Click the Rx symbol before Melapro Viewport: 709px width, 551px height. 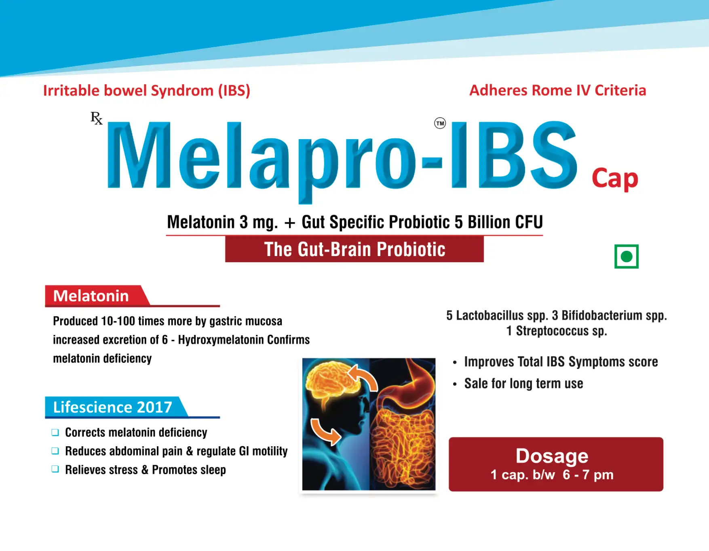96,118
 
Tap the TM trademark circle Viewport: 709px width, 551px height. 440,123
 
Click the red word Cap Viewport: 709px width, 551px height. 614,178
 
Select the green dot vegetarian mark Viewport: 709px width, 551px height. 626,256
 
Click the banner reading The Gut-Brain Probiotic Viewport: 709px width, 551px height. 354,249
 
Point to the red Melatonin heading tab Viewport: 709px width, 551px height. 91,296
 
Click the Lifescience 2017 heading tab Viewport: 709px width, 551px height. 112,407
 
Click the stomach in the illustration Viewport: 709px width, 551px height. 412,380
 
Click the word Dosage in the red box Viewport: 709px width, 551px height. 552,456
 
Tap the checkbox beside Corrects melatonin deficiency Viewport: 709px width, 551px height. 55,432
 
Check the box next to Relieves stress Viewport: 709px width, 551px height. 55,469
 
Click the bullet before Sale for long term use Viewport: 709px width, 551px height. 455,384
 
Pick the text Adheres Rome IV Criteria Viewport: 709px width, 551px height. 557,90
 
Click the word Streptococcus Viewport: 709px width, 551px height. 552,331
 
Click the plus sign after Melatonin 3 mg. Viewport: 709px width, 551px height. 289,223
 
